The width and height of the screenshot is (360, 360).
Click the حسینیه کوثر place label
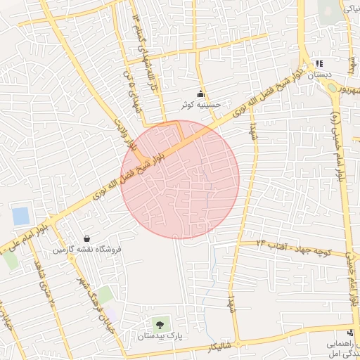[x=200, y=105]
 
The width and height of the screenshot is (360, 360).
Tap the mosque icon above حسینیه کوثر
[x=200, y=94]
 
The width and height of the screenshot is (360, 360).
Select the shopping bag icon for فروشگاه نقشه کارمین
[x=86, y=239]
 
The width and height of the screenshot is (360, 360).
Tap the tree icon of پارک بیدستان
[x=160, y=325]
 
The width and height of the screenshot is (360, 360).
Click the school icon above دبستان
[x=350, y=63]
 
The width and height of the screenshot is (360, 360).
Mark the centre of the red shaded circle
[x=180, y=179]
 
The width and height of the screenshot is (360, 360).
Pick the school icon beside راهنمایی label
[x=350, y=333]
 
